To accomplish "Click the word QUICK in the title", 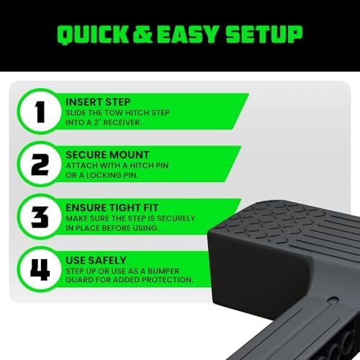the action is (94, 35).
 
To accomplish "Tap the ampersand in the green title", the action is (143, 35).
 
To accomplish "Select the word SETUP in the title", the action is (264, 35).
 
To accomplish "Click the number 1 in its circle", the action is (40, 112).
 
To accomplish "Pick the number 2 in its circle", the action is (40, 164).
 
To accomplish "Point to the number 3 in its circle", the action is (40, 217).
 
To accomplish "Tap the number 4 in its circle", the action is (40, 270).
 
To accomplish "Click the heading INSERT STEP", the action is (98, 102).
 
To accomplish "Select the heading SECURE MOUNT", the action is (107, 155).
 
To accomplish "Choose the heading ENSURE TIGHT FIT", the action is (112, 207).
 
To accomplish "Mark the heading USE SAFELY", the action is (96, 261).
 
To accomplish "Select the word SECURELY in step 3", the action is (176, 218).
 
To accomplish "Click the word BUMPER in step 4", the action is (163, 271).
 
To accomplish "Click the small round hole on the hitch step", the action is (333, 300).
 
